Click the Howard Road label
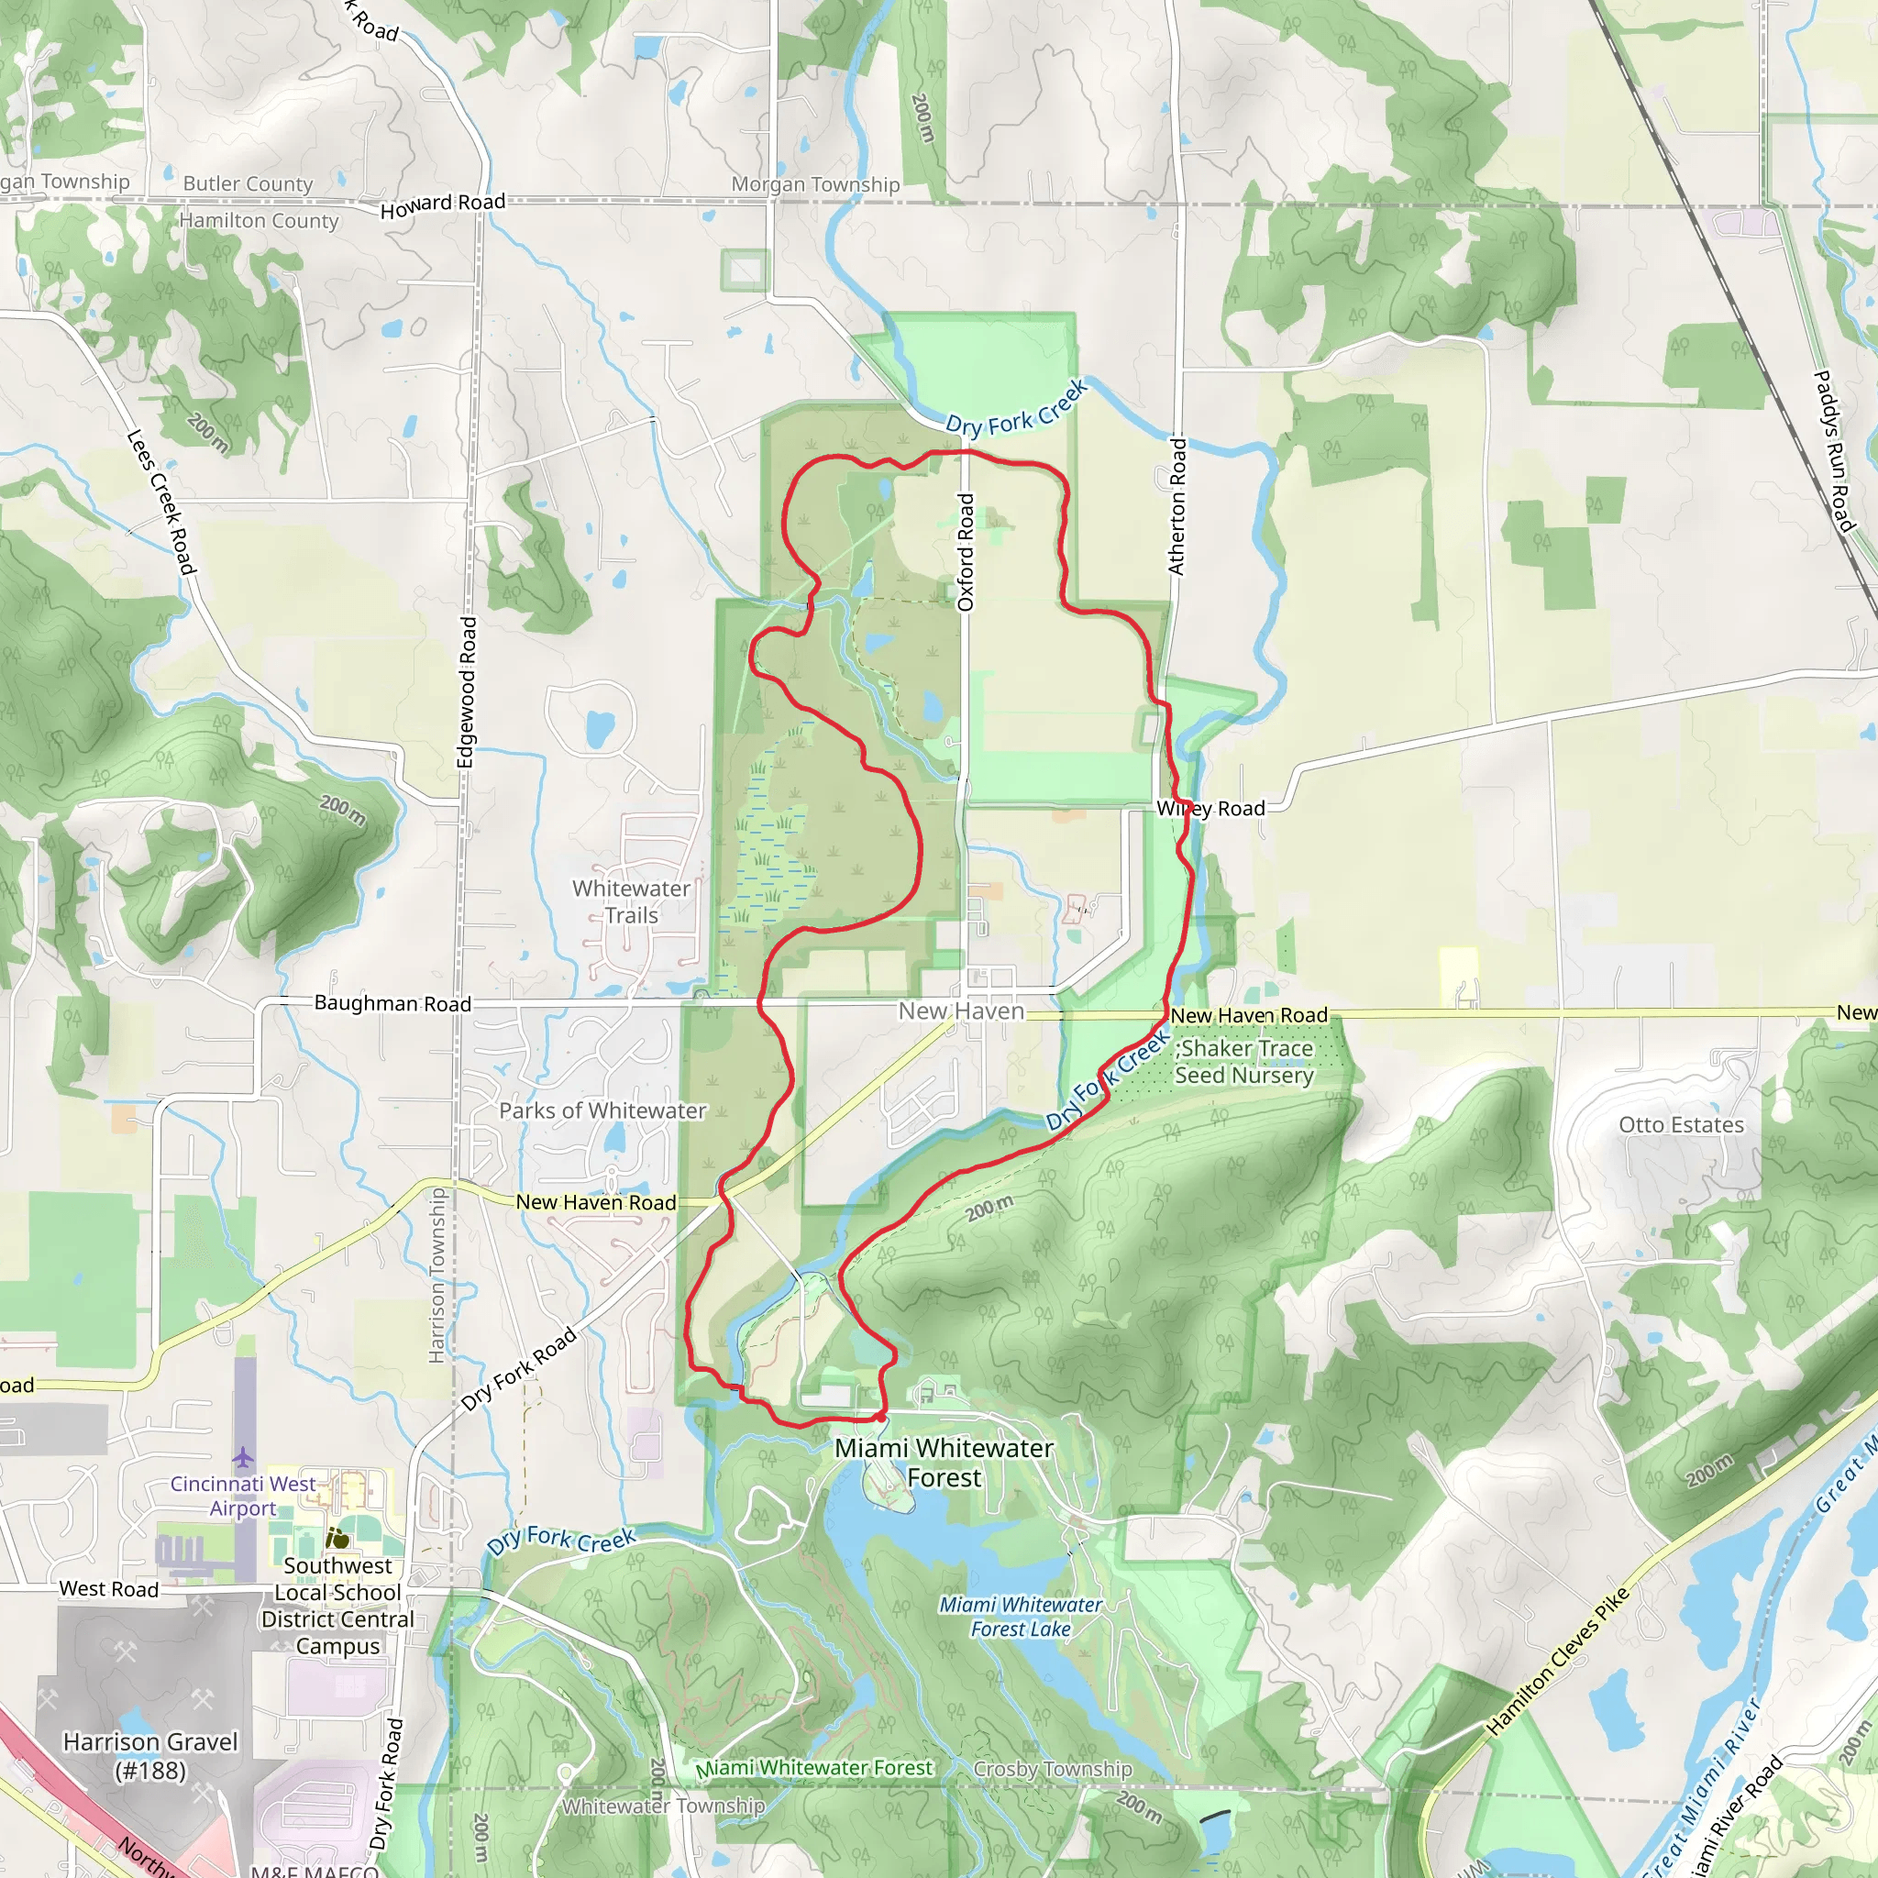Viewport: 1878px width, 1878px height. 442,204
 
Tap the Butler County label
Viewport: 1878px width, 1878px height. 248,183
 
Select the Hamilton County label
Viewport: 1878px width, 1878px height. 259,221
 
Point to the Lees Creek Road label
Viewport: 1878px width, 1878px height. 161,502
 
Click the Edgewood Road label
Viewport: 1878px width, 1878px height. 468,692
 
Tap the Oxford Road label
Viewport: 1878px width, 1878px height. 966,552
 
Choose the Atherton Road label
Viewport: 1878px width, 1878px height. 1177,506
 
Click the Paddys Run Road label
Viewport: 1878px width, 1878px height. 1834,451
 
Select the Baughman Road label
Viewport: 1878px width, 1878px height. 392,1003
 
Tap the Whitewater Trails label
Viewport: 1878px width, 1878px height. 632,901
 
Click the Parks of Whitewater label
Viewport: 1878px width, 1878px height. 602,1110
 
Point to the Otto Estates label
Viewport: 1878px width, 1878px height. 1681,1124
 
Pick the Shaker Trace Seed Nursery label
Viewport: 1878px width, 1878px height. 1244,1062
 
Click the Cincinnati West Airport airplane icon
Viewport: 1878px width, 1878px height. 243,1458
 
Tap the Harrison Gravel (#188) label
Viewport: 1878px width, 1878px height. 150,1755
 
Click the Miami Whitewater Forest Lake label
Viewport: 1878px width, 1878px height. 1021,1617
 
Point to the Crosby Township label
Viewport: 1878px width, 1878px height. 1053,1769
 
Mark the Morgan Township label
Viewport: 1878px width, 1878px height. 815,184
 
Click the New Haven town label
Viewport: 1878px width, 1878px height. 961,1011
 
